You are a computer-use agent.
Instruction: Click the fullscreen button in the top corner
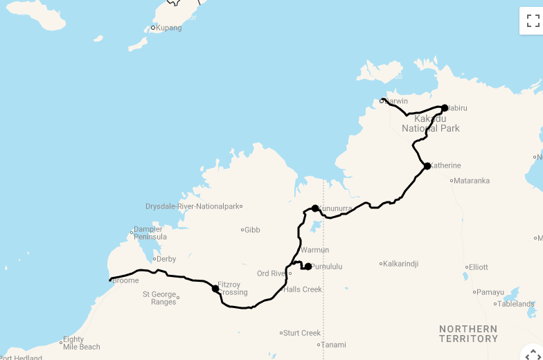pos(533,21)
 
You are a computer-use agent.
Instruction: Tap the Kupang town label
pos(168,28)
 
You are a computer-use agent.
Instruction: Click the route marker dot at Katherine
pos(427,166)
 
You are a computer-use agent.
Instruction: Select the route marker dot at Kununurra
pos(315,208)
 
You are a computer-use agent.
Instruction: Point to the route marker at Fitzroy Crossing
pos(215,289)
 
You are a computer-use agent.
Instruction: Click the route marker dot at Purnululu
pos(308,267)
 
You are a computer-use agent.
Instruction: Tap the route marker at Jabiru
pos(445,108)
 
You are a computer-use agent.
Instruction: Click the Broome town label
pos(125,280)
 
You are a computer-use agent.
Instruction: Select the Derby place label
pos(166,259)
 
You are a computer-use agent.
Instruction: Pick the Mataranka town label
pos(472,181)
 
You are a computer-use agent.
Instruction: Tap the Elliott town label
pos(479,267)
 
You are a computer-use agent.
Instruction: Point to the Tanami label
pos(334,345)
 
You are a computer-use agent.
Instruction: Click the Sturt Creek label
pos(303,333)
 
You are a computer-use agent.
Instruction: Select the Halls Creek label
pos(303,289)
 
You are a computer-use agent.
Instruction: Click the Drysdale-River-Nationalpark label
pos(192,206)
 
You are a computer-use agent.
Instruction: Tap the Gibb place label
pos(252,230)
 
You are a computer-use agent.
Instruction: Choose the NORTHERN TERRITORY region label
pos(468,334)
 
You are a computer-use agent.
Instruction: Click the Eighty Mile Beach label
pos(82,343)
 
